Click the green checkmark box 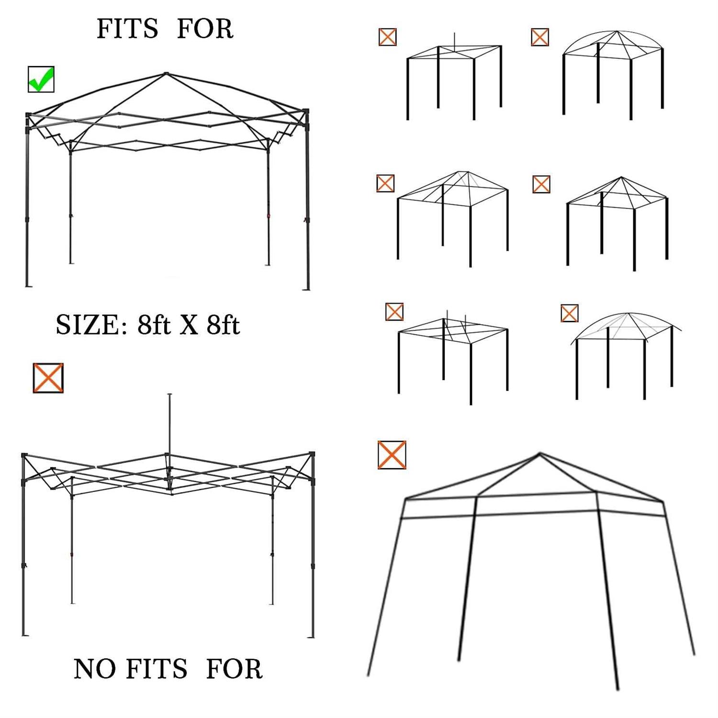[x=41, y=79]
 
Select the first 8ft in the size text [x=154, y=325]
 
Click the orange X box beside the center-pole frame [x=48, y=378]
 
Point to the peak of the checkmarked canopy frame [x=166, y=73]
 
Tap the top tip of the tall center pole [x=169, y=395]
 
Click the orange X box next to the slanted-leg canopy [x=392, y=455]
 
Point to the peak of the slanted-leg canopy [x=540, y=453]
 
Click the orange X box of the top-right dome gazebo [x=540, y=37]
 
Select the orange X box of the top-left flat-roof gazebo [x=387, y=37]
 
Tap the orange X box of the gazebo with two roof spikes [x=394, y=312]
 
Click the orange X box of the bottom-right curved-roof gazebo [x=569, y=313]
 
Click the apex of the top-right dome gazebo [x=617, y=32]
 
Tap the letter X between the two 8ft [x=189, y=325]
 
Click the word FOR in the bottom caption [x=234, y=669]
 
